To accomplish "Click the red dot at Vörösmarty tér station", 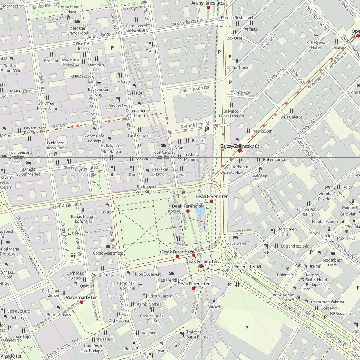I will tap(82, 302).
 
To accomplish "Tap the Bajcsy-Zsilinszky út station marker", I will tap(240, 150).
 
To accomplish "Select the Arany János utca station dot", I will tap(208, 7).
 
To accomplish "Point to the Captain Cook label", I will tap(237, 67).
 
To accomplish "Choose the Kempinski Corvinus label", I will tap(126, 285).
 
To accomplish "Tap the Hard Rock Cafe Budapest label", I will tap(93, 348).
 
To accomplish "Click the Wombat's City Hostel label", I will tap(327, 196).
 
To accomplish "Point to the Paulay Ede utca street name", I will tap(309, 123).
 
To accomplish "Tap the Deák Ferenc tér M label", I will tap(242, 266).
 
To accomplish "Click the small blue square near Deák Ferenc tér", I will tap(201, 211).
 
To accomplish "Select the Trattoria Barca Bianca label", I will tap(197, 334).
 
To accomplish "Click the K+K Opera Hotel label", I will tap(314, 45).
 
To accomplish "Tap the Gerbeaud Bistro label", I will tap(76, 276).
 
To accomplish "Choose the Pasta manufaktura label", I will tap(327, 302).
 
